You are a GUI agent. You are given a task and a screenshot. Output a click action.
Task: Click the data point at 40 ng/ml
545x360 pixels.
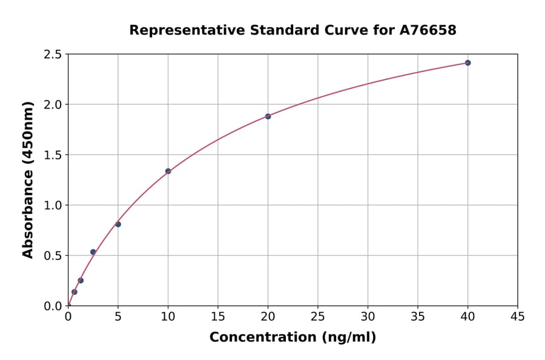[467, 63]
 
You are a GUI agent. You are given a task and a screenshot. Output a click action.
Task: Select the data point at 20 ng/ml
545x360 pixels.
[268, 116]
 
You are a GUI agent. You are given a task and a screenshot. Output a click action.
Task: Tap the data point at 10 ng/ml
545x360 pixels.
[168, 171]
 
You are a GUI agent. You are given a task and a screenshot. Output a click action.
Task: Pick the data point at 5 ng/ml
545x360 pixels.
[118, 224]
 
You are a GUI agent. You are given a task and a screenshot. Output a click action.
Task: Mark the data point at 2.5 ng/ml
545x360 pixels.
[93, 252]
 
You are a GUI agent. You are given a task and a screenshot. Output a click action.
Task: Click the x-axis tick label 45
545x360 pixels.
[518, 316]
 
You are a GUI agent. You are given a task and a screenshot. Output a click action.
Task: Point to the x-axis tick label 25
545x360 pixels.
[318, 316]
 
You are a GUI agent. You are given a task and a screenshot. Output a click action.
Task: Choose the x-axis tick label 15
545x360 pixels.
[218, 316]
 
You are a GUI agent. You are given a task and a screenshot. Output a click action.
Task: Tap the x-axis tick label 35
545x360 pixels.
[418, 316]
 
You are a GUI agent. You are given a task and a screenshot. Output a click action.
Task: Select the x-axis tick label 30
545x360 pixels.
[368, 316]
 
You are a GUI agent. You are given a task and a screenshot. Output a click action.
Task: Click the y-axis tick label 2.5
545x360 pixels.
[53, 55]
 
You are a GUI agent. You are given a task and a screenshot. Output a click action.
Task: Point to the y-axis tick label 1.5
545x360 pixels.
[53, 155]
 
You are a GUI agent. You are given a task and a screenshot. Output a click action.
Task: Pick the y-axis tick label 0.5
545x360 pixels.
[53, 256]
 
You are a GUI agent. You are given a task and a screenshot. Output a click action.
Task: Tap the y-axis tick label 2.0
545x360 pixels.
[53, 105]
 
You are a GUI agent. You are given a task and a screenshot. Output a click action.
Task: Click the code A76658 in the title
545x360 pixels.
[429, 30]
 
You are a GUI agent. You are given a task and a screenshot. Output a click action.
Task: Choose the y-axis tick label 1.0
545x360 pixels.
[53, 205]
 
